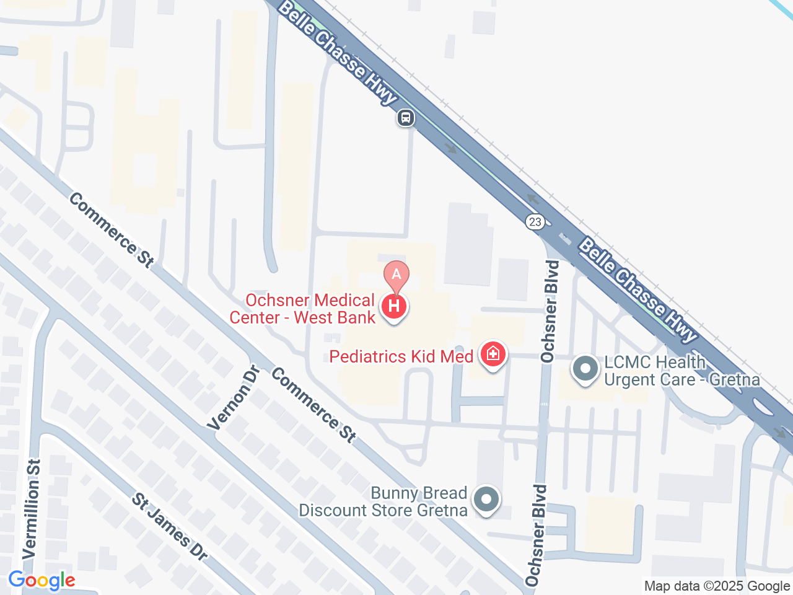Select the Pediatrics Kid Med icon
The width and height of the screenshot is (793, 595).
[x=493, y=355]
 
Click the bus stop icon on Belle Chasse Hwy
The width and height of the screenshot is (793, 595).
[x=406, y=117]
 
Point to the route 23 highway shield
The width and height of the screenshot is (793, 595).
[x=535, y=221]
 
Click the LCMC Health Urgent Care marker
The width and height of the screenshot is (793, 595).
[x=585, y=369]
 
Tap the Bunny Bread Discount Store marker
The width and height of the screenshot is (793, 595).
[x=486, y=500]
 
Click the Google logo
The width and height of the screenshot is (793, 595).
[x=42, y=581]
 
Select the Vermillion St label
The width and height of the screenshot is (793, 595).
[x=32, y=509]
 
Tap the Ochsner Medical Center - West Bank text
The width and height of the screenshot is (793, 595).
[x=303, y=309]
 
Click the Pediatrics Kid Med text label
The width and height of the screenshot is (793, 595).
[x=401, y=356]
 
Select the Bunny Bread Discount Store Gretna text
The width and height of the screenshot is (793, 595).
[x=383, y=502]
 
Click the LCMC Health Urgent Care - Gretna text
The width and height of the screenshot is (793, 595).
[x=681, y=371]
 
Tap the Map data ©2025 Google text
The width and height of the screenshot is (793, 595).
[x=717, y=586]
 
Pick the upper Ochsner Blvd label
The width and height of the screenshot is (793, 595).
[x=550, y=312]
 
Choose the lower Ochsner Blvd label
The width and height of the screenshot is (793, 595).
[x=537, y=535]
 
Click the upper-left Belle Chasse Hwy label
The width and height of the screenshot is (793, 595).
[x=337, y=52]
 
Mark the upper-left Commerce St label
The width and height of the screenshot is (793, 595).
[x=112, y=230]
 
